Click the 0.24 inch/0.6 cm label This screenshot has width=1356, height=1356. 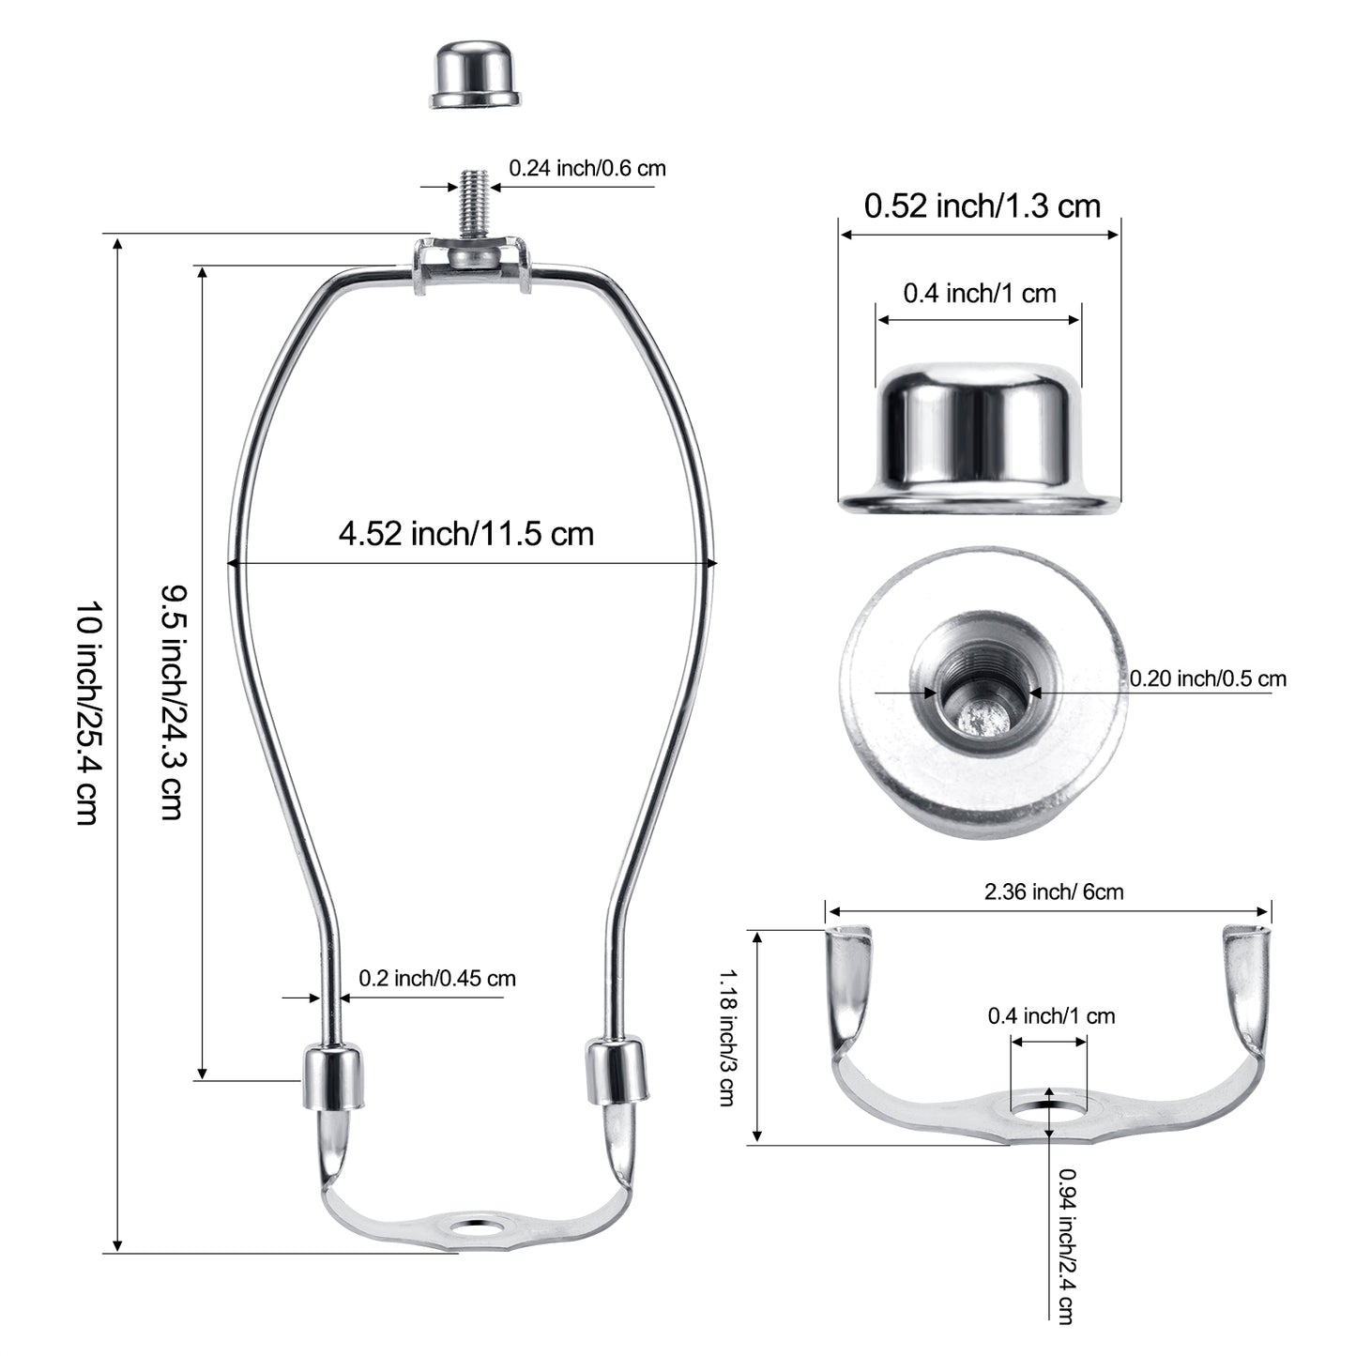(587, 169)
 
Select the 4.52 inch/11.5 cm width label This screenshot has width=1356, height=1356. (465, 534)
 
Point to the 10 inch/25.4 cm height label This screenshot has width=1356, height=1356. (89, 712)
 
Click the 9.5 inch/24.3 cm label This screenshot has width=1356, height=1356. (173, 702)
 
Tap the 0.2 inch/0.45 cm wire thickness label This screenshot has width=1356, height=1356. (437, 978)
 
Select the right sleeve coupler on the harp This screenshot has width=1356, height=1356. (617, 1070)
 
